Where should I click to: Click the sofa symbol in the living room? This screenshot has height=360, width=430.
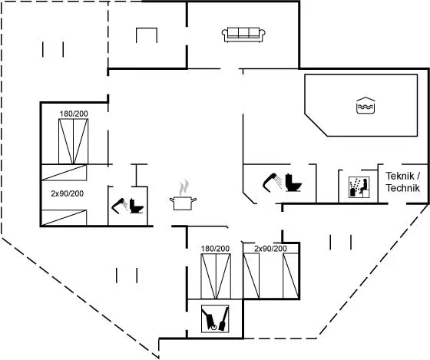[x=243, y=35]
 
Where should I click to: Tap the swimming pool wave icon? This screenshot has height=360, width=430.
[x=365, y=105]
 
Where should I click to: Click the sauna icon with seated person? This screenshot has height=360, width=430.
[x=359, y=187]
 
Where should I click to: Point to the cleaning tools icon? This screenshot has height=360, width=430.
[x=215, y=319]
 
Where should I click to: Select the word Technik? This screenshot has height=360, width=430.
[x=403, y=188]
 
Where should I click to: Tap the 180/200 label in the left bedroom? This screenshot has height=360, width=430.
[x=74, y=114]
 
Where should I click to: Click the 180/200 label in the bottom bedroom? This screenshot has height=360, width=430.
[x=215, y=249]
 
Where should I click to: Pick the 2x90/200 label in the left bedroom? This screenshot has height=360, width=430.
[x=68, y=193]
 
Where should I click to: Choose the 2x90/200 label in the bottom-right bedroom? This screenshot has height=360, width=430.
[x=270, y=249]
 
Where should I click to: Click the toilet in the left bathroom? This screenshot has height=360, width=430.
[x=137, y=206]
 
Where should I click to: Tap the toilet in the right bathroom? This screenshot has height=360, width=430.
[x=293, y=183]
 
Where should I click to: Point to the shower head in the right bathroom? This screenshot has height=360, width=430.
[x=272, y=181]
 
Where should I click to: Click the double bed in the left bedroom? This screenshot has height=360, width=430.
[x=74, y=141]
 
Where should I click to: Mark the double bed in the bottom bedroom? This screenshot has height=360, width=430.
[x=216, y=276]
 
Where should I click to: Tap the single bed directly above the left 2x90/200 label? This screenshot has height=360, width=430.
[x=64, y=172]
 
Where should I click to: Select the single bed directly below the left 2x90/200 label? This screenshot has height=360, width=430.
[x=64, y=218]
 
